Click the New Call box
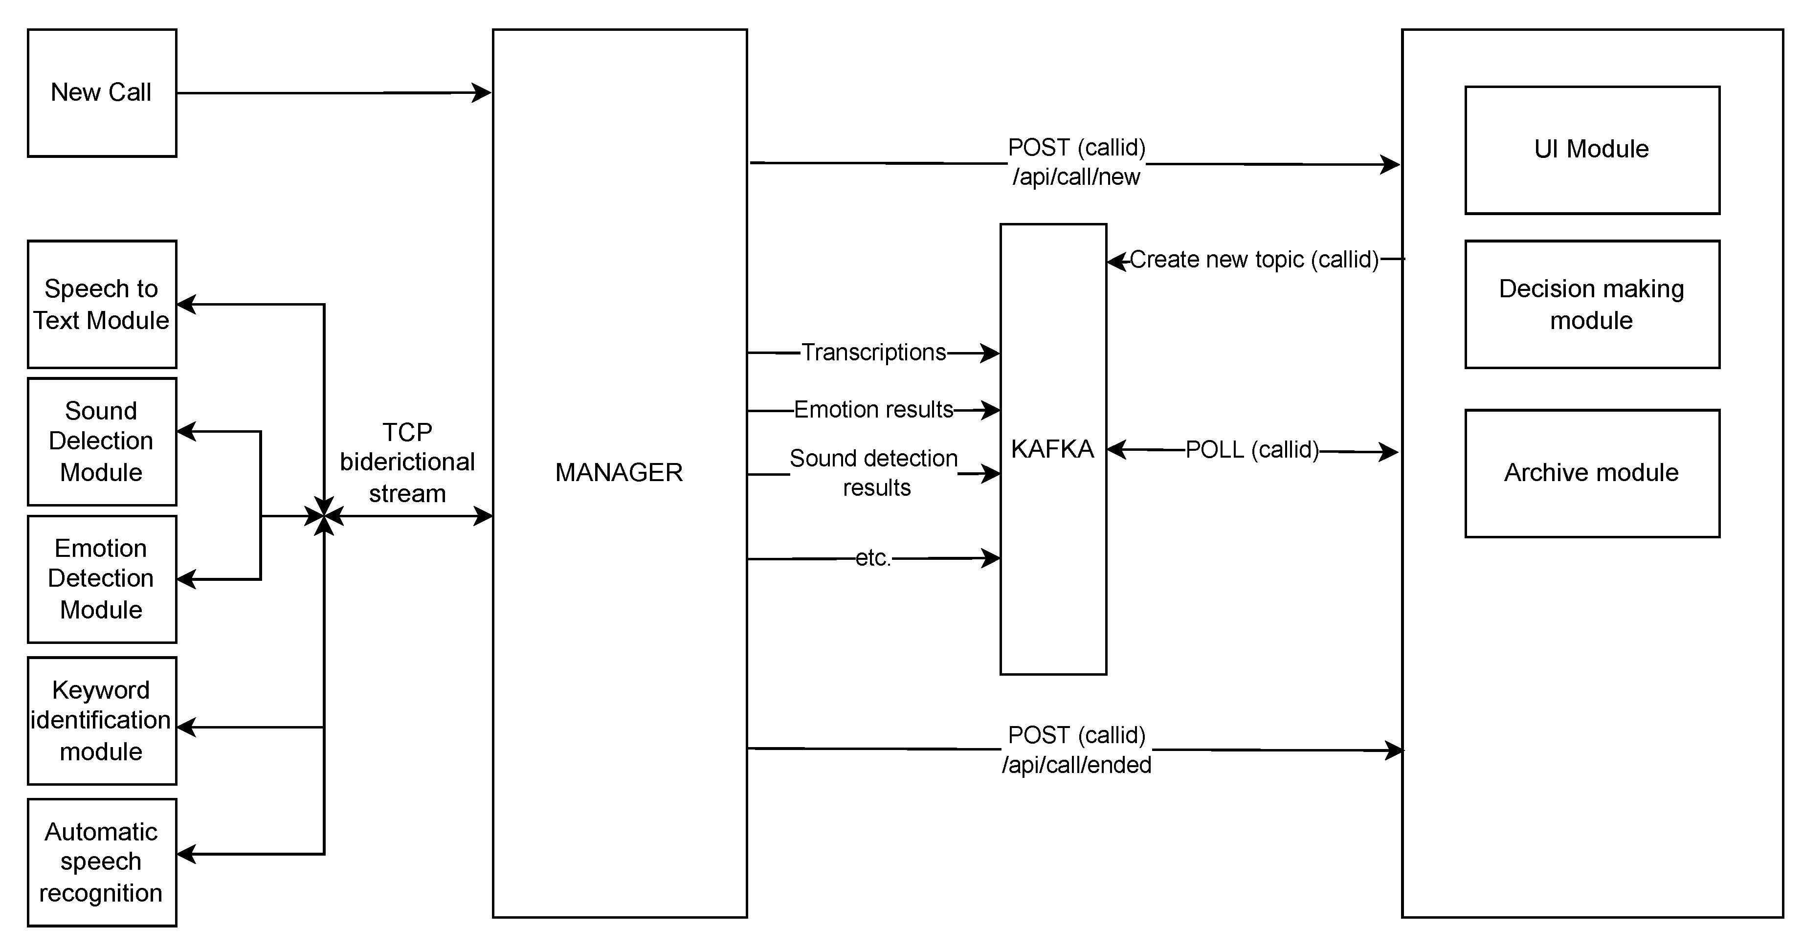(102, 92)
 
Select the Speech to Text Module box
(102, 305)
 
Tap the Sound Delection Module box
(102, 441)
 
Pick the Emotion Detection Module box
(102, 579)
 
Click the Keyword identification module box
(102, 720)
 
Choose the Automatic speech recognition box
(102, 862)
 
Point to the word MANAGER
(619, 472)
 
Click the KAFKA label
(1052, 449)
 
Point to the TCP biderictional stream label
(407, 463)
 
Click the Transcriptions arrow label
(873, 353)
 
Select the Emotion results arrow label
(873, 409)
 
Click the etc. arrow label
(873, 558)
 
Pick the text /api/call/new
(1076, 177)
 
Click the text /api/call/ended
(1076, 765)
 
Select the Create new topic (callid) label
(1253, 260)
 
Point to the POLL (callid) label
(1251, 450)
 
